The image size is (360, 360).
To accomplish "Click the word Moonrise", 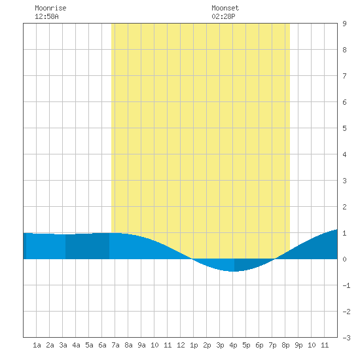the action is [50, 8].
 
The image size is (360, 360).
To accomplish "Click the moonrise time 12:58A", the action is [46, 16].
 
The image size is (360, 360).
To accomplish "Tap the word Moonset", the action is [225, 8].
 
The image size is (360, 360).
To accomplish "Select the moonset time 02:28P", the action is [223, 16].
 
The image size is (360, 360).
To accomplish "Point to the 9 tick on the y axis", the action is [344, 24].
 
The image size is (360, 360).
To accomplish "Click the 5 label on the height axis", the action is [344, 128].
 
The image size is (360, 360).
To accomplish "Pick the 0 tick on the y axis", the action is [344, 259].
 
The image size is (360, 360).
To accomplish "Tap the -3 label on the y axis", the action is [346, 338].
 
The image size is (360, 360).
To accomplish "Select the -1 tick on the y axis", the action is [346, 285].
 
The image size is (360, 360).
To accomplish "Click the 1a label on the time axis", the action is [37, 345].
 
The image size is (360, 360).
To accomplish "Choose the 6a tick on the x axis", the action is [102, 345].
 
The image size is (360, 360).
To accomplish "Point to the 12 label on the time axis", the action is [181, 345].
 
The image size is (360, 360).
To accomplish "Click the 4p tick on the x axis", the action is [233, 345].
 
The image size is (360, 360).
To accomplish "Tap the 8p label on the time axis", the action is [285, 345].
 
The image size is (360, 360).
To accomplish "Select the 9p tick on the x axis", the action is [298, 345].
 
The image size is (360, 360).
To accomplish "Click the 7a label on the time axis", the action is [115, 345].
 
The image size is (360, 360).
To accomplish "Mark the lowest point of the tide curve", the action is [233, 272].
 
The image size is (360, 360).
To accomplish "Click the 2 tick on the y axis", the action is [344, 207].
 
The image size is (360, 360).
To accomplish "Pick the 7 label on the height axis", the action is [344, 76].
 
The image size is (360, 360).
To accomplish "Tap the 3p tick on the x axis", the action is [220, 345].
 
